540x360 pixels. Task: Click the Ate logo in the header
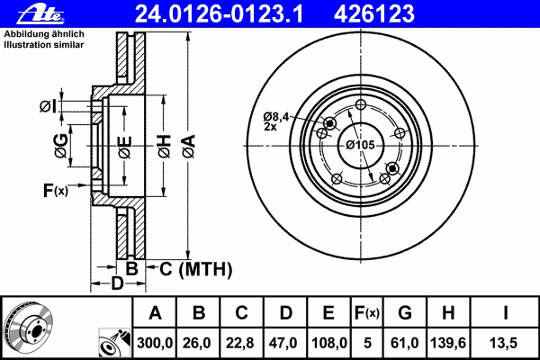[x=40, y=14]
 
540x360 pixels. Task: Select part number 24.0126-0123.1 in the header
[x=219, y=14]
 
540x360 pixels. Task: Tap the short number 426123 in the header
[x=373, y=14]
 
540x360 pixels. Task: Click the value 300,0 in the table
[x=155, y=343]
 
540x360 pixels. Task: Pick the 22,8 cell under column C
[x=240, y=343]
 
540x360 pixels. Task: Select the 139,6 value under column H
[x=448, y=343]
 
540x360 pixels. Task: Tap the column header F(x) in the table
[x=367, y=313]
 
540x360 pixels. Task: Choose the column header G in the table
[x=405, y=313]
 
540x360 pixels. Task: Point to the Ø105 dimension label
[x=360, y=145]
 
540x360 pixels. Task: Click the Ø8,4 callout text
[x=276, y=117]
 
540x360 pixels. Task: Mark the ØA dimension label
[x=189, y=147]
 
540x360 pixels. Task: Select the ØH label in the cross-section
[x=165, y=147]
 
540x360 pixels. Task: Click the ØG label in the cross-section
[x=61, y=146]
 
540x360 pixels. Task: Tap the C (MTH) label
[x=195, y=269]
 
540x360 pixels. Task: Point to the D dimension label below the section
[x=117, y=283]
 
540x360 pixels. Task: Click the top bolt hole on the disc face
[x=361, y=104]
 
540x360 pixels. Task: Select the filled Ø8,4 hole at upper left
[x=330, y=123]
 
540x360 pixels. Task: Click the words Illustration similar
[x=44, y=45]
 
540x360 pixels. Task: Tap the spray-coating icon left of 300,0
[x=114, y=344]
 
